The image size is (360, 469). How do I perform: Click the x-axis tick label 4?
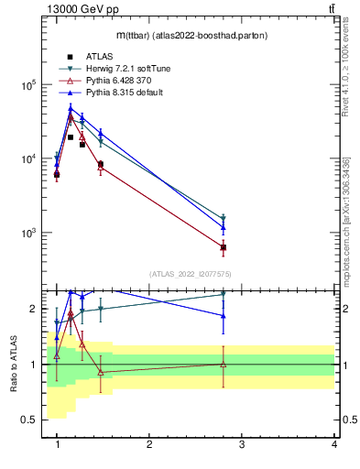tap(333, 444)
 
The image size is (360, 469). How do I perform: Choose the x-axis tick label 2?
tap(149, 444)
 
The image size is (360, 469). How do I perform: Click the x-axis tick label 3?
tap(241, 444)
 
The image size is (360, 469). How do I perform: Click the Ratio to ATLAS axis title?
tap(13, 364)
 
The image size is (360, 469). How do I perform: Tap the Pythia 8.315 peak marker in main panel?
tap(71, 109)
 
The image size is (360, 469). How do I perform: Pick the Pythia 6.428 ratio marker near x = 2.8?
tap(224, 364)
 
